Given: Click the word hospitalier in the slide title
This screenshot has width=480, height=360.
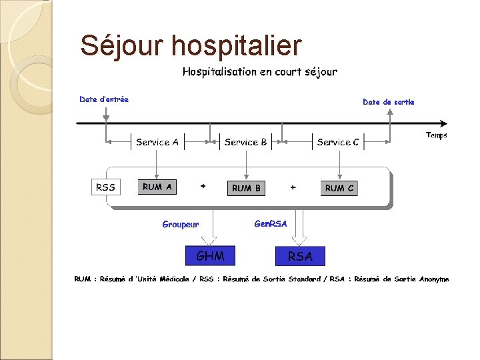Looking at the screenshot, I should pos(236,46).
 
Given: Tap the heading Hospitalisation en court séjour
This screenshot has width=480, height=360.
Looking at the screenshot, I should pos(260,71).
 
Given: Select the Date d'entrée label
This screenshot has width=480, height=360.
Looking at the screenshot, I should pos(104,99).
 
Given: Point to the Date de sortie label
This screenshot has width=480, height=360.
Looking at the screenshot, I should pos(388,102).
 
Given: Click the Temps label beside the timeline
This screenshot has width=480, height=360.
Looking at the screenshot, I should pos(437,135).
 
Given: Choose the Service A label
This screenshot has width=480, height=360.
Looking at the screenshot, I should pos(157,142).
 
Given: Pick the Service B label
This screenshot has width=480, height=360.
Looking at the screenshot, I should pos(246,142).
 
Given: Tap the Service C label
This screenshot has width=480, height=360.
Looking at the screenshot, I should pos(338,142).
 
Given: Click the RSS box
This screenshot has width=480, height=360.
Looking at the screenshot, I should pos(105,187).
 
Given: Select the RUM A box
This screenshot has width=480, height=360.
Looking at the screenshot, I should pos(157,187).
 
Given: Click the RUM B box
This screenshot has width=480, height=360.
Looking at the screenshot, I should pos(246,188).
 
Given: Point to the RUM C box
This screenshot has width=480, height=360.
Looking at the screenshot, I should pos(339,188).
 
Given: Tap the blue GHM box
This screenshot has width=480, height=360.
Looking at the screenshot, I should pos(210,255).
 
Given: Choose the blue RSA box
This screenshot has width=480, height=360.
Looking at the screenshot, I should pos(300,256).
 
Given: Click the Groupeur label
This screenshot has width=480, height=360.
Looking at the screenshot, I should pos(180,225).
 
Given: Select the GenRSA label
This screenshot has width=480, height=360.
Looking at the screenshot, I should pos(271,224).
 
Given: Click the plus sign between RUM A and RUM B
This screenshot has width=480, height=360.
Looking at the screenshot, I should pos(203,186).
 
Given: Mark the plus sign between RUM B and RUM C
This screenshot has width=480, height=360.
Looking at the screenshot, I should pos(293,187).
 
